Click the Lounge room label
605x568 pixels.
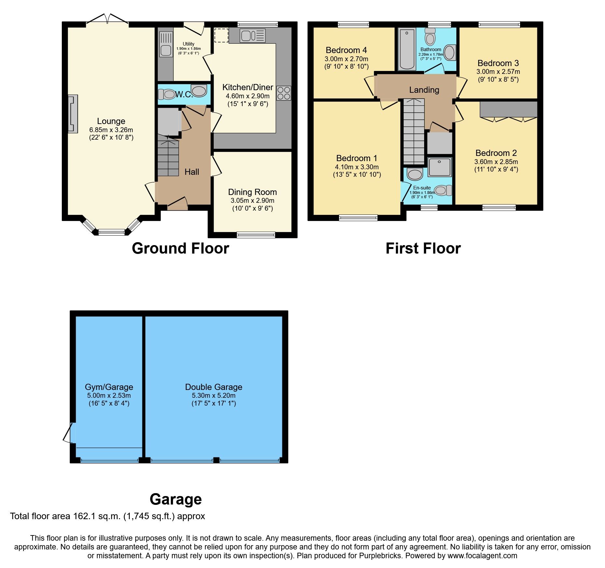point(111,121)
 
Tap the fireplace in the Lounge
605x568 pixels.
point(73,114)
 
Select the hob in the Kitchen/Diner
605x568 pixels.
point(284,93)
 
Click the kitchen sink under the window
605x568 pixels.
point(253,35)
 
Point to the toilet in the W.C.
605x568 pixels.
point(167,94)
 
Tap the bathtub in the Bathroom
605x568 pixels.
point(407,49)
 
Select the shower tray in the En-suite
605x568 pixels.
point(439,167)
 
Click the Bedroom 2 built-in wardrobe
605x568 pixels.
point(508,109)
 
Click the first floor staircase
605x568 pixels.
point(414,132)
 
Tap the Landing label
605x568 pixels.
point(424,90)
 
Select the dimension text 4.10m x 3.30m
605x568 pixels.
point(357,167)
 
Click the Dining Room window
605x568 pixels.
point(256,235)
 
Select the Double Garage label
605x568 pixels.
point(213,387)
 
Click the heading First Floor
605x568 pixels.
point(423,249)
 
